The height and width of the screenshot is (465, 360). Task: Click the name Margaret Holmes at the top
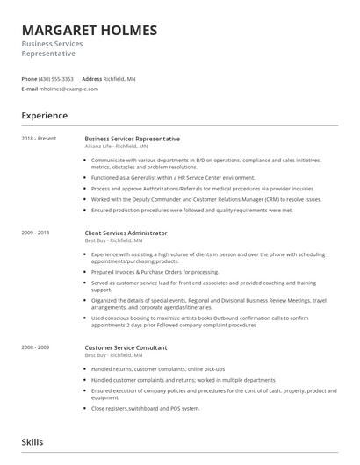(x=90, y=31)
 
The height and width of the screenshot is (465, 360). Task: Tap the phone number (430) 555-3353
(x=57, y=79)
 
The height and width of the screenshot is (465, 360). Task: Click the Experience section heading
(x=45, y=116)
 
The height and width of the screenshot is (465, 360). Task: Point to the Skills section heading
(x=32, y=442)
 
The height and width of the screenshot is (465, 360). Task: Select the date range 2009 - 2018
(x=35, y=232)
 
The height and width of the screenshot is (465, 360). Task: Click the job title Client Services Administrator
(x=126, y=232)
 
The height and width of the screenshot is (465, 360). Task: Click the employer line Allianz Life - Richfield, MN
(x=123, y=147)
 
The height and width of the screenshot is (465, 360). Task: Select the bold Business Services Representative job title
(x=132, y=139)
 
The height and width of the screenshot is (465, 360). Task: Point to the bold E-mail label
(x=30, y=89)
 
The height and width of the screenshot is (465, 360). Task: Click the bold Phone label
(x=30, y=79)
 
